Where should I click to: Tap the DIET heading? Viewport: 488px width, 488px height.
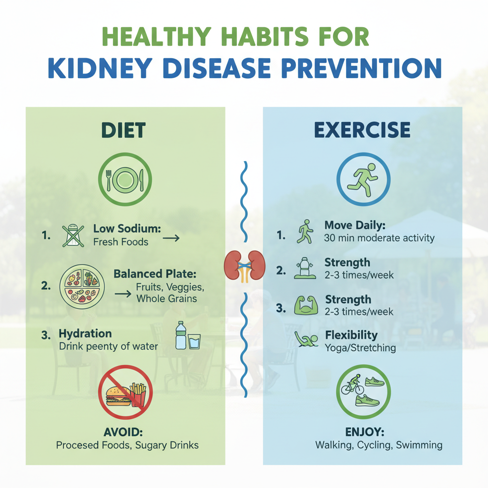123,130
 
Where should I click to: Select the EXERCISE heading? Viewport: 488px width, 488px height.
362,130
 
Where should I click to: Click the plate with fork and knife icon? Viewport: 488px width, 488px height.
125,180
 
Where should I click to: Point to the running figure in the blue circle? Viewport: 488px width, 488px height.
363,180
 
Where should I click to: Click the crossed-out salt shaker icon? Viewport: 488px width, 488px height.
73,235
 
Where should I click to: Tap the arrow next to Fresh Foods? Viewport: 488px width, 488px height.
171,238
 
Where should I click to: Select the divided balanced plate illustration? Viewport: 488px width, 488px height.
82,286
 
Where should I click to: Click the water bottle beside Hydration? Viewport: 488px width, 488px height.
181,335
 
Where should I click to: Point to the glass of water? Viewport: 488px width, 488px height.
194,341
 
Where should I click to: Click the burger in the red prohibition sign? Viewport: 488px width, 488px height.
118,396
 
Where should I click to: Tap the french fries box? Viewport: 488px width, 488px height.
138,394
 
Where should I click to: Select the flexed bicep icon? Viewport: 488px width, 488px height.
306,305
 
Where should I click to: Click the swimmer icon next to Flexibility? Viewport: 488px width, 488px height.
306,339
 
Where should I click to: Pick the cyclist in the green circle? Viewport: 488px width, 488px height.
353,385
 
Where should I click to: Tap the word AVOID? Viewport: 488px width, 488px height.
123,432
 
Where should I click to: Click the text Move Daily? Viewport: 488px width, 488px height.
355,225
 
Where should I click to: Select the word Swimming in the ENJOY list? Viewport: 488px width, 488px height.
419,445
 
